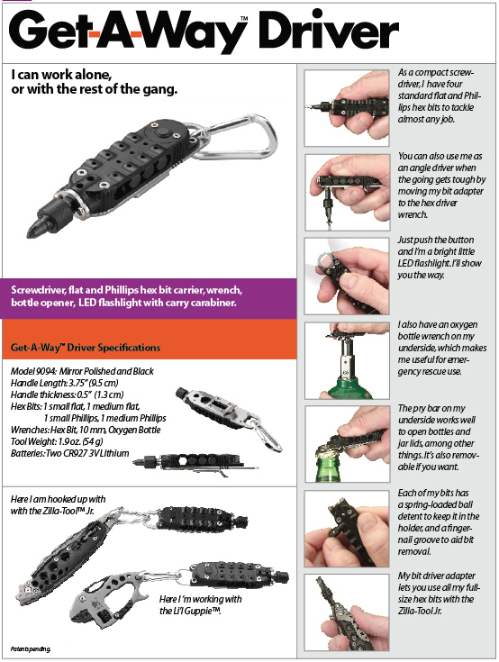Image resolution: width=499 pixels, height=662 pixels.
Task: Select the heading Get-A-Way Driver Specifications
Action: click(x=86, y=348)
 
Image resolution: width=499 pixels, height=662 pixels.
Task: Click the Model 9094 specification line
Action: click(x=82, y=371)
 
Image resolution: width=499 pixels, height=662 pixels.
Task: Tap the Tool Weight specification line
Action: click(x=57, y=441)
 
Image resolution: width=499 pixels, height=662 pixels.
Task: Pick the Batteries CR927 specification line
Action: click(x=69, y=453)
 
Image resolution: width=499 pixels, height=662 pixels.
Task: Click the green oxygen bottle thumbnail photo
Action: click(x=347, y=360)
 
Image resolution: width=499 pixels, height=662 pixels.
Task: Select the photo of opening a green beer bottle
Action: click(x=347, y=444)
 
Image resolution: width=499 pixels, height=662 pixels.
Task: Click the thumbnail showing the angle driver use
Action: click(x=347, y=193)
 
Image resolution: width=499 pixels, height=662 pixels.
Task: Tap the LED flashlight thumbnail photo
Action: click(x=347, y=277)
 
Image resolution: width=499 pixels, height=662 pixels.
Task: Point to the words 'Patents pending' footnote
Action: click(x=31, y=649)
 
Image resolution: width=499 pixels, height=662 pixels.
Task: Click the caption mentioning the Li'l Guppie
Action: click(x=201, y=605)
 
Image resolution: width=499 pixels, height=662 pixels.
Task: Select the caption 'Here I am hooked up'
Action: click(x=58, y=505)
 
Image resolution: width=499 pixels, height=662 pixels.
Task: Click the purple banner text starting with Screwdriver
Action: click(x=127, y=296)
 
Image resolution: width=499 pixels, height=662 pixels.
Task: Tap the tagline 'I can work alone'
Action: click(x=94, y=82)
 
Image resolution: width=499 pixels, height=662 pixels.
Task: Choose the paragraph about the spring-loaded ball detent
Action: click(x=439, y=522)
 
